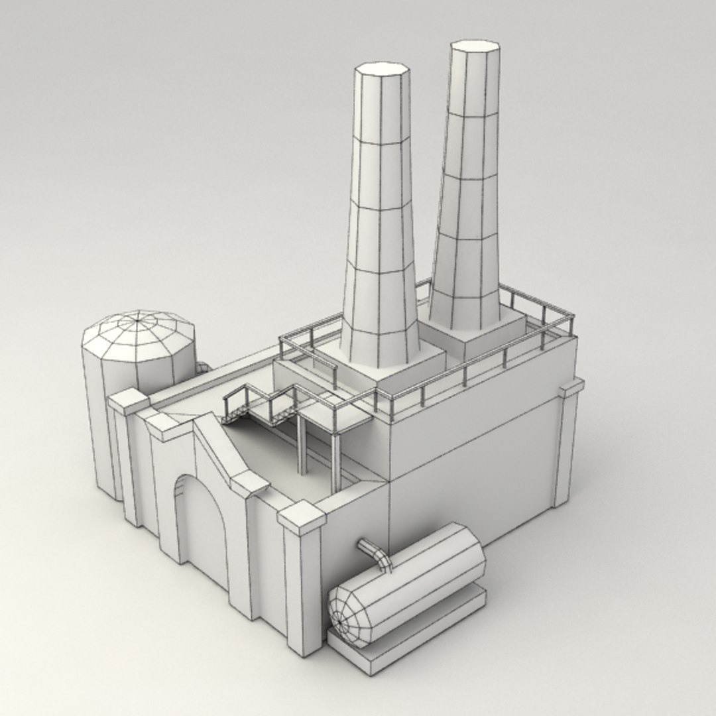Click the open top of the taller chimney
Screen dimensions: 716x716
[475, 51]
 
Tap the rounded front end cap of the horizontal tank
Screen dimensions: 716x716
[349, 614]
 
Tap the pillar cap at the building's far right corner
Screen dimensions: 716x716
[571, 387]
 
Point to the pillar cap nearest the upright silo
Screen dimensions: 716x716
[129, 401]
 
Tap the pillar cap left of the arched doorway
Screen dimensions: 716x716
[162, 426]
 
